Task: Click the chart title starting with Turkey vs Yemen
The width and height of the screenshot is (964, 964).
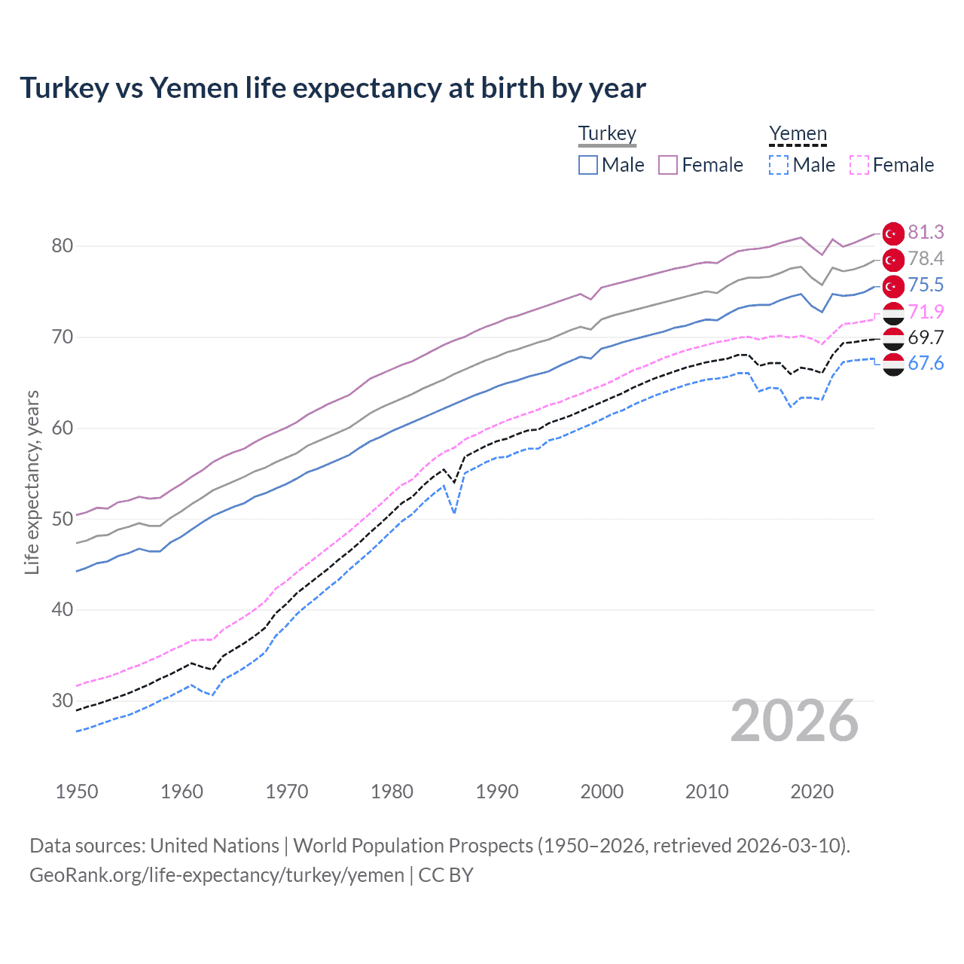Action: pos(332,88)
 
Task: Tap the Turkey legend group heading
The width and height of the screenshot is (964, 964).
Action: pos(607,133)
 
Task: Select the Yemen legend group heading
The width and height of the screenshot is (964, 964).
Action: pos(798,133)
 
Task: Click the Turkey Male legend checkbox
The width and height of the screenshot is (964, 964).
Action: pos(588,165)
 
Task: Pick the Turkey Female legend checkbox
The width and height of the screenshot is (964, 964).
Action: pos(668,165)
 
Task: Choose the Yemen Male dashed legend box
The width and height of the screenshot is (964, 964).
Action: pos(779,165)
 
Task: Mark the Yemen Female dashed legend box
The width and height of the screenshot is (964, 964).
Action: pos(859,165)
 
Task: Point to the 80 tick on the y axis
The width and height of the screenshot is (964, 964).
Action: pos(63,246)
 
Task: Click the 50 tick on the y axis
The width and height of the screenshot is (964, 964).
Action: pos(63,519)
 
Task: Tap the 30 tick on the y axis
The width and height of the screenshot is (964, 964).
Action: pos(63,700)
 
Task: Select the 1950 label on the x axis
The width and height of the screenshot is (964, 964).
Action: pos(77,792)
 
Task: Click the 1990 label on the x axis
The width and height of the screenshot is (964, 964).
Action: pos(497,792)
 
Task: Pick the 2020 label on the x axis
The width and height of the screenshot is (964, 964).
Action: pos(812,792)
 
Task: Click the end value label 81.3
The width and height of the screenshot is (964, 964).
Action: pos(926,232)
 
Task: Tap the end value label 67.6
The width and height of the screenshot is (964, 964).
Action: pos(926,364)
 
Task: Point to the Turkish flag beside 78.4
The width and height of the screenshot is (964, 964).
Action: pos(893,260)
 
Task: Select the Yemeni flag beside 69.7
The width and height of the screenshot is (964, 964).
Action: pos(893,338)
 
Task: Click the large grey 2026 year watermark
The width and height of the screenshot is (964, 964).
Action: pos(795,721)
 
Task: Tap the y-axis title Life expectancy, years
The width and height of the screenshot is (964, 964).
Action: pos(32,482)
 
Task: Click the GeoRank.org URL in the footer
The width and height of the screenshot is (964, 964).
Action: pos(217,875)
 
